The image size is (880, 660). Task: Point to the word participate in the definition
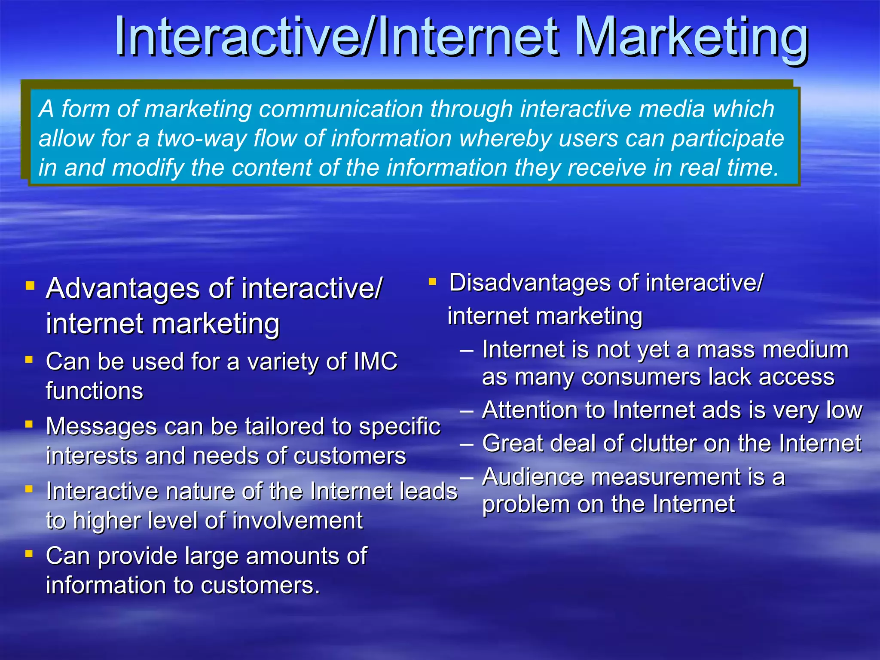727,139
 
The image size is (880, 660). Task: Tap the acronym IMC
376,362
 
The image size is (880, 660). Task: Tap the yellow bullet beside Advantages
30,286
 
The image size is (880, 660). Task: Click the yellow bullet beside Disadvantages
432,282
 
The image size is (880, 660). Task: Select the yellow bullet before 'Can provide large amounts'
29,554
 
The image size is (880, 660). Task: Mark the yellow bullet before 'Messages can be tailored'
29,425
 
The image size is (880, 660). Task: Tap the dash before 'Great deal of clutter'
467,444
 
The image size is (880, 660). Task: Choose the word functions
95,391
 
